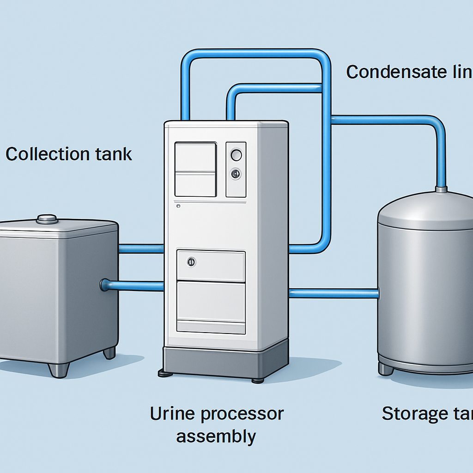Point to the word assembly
click(x=216, y=436)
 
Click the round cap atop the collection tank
click(x=47, y=219)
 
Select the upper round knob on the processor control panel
click(x=236, y=155)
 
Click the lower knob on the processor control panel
click(x=236, y=174)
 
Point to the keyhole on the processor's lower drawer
click(x=191, y=262)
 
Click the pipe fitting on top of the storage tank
click(x=441, y=189)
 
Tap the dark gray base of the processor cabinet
click(x=225, y=361)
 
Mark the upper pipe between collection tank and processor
click(x=141, y=249)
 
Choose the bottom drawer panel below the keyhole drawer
click(x=211, y=302)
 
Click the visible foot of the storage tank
click(x=386, y=368)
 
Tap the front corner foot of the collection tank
click(x=59, y=370)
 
